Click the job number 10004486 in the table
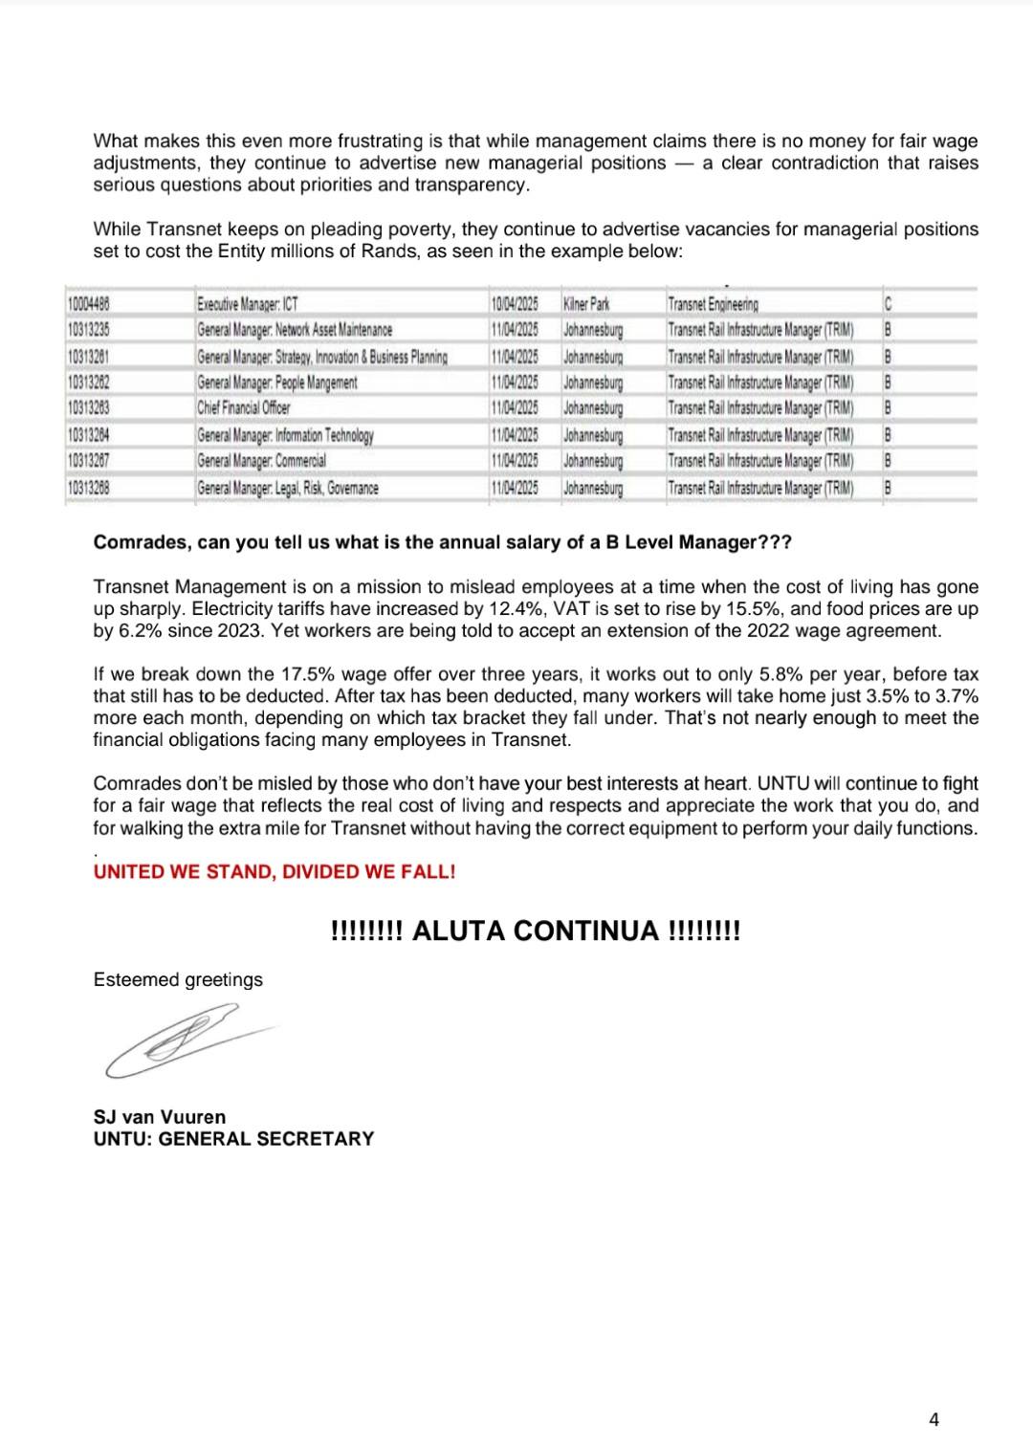point(89,305)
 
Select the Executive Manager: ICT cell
point(248,305)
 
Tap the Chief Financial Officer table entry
point(244,408)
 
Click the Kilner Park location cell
point(586,305)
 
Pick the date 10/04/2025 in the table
point(514,305)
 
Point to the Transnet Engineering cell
point(713,305)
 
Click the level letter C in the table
point(888,305)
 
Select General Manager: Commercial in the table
point(261,461)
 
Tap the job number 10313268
point(89,488)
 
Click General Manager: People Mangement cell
point(277,383)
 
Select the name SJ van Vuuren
point(160,1117)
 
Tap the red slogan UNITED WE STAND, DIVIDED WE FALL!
point(275,872)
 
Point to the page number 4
point(934,1419)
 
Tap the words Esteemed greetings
point(178,980)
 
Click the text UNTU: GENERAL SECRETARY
point(233,1139)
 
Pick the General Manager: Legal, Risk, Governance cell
point(288,488)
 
